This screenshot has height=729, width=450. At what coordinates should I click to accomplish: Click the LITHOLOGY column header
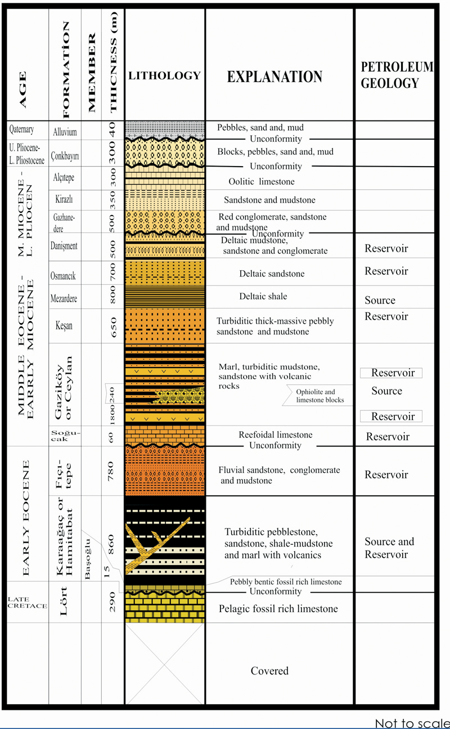pyautogui.click(x=164, y=75)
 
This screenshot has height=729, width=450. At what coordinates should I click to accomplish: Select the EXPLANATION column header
pyautogui.click(x=274, y=77)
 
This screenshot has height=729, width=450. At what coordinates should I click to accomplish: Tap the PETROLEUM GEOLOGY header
pyautogui.click(x=397, y=75)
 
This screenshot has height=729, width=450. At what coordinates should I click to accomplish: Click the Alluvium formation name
pyautogui.click(x=65, y=132)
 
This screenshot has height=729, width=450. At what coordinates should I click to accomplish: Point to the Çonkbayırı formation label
pyautogui.click(x=65, y=156)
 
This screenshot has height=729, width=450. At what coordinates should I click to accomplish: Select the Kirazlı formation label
pyautogui.click(x=64, y=199)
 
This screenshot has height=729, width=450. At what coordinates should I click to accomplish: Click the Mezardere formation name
pyautogui.click(x=64, y=298)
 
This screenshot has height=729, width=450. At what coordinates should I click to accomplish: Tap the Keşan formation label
pyautogui.click(x=64, y=325)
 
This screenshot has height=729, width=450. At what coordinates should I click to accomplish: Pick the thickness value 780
pyautogui.click(x=111, y=471)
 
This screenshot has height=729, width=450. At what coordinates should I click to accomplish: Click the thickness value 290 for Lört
pyautogui.click(x=112, y=602)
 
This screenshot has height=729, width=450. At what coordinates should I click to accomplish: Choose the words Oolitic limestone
pyautogui.click(x=262, y=182)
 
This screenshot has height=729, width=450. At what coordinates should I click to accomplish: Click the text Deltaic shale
pyautogui.click(x=263, y=296)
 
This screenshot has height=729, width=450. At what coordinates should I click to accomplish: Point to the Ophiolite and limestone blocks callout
pyautogui.click(x=320, y=396)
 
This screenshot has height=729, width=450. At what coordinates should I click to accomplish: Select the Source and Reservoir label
pyautogui.click(x=389, y=548)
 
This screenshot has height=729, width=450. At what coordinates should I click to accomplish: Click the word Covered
pyautogui.click(x=269, y=671)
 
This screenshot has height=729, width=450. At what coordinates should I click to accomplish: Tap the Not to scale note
pyautogui.click(x=412, y=723)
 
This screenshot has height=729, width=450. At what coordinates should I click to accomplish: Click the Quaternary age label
pyautogui.click(x=21, y=129)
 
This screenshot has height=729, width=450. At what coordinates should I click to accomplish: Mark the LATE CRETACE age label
pyautogui.click(x=28, y=602)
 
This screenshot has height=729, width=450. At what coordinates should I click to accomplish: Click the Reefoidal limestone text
pyautogui.click(x=276, y=435)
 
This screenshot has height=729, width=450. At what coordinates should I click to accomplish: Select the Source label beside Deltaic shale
pyautogui.click(x=380, y=300)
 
